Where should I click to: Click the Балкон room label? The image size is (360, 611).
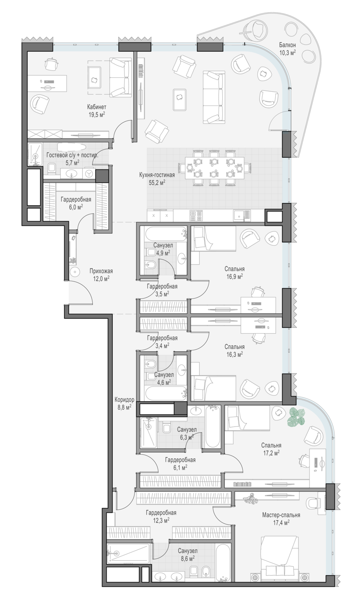tap(287, 45)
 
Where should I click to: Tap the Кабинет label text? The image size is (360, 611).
tap(97, 107)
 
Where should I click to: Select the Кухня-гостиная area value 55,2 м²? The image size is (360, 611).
tap(157, 183)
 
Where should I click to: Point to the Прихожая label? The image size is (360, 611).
tap(101, 271)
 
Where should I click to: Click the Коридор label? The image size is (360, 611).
tap(124, 400)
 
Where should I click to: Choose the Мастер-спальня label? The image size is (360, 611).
tap(281, 515)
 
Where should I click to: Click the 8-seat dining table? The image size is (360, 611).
tap(215, 168)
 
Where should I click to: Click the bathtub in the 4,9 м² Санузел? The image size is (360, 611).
tap(166, 234)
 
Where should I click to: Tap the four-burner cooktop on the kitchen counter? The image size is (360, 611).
tap(196, 215)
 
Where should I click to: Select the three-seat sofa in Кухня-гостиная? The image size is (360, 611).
tap(214, 97)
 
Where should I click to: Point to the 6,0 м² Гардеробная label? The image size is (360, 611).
tap(76, 200)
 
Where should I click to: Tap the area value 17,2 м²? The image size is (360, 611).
tap(271, 453)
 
